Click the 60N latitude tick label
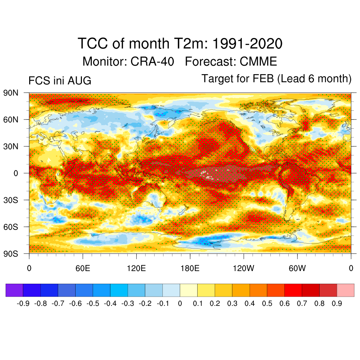(x=11, y=120)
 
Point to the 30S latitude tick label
(x=11, y=200)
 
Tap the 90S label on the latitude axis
(x=11, y=254)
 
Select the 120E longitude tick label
(x=136, y=268)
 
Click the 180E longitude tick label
(x=190, y=268)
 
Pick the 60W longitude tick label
(x=297, y=268)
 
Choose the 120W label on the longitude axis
(x=244, y=268)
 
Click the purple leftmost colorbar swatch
(x=14, y=290)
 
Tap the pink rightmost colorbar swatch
(x=346, y=290)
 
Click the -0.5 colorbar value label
(x=93, y=303)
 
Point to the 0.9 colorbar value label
(x=337, y=303)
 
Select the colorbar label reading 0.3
(x=232, y=303)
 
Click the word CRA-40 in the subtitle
(x=152, y=62)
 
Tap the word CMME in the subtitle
(x=258, y=62)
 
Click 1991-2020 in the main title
(x=247, y=43)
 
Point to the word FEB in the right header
(x=263, y=78)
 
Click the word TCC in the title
(x=93, y=43)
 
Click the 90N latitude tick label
(x=11, y=93)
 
